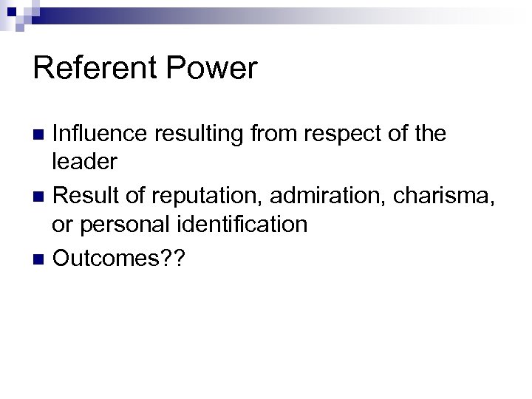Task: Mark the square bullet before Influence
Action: tap(41, 134)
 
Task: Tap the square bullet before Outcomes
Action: tap(41, 259)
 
